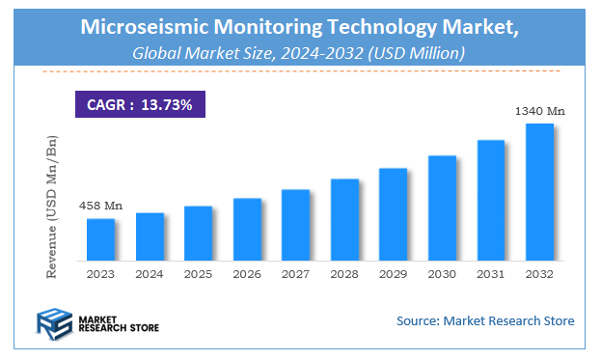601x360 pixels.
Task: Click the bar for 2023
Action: (100, 239)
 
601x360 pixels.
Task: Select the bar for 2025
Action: (198, 233)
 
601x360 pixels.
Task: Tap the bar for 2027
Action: (295, 225)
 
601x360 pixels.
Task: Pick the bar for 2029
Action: (393, 214)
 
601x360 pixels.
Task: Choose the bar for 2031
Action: (490, 200)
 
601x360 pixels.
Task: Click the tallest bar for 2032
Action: (538, 191)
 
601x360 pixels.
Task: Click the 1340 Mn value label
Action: (540, 111)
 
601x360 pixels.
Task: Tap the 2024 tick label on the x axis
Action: (150, 273)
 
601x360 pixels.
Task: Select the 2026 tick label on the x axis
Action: (247, 273)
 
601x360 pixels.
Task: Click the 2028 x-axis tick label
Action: (344, 273)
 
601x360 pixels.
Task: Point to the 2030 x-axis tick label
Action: (442, 273)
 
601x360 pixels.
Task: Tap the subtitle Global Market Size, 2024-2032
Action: (299, 54)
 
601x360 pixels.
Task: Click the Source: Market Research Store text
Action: (485, 320)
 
